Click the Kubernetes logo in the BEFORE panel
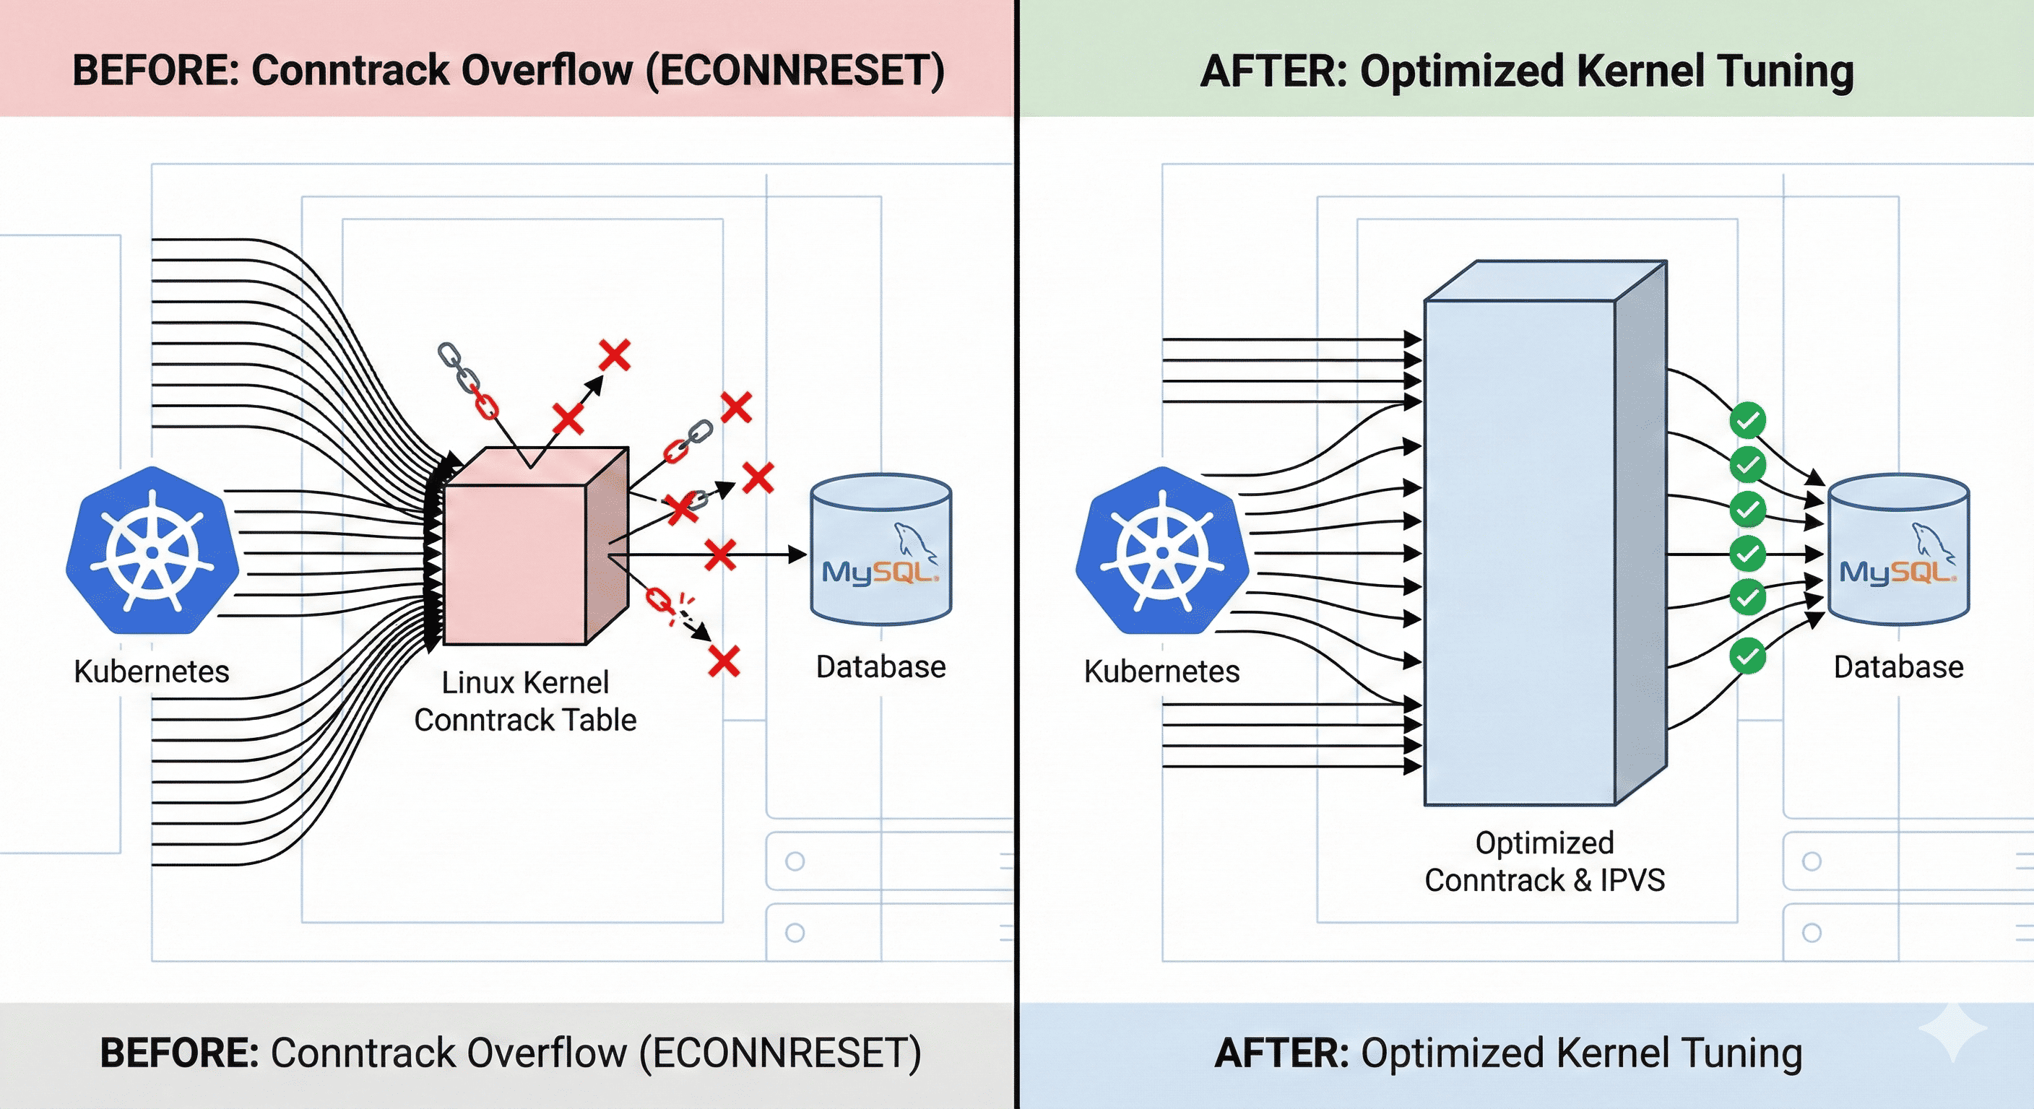click(x=152, y=551)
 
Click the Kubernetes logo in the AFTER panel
click(x=1162, y=551)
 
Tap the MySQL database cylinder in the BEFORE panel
click(x=881, y=549)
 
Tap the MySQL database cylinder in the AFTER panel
click(x=1899, y=549)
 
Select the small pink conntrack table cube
click(x=536, y=547)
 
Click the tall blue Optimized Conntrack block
click(x=1545, y=533)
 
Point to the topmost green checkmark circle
click(x=1747, y=420)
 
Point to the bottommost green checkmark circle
click(x=1747, y=656)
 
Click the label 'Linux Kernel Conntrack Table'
click(x=525, y=701)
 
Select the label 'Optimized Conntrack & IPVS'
click(x=1545, y=861)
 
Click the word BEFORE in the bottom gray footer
click(x=179, y=1053)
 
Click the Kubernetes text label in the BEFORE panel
click(x=152, y=671)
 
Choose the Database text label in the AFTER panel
click(x=1898, y=667)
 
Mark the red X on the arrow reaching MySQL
click(x=720, y=555)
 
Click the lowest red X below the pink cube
click(x=724, y=661)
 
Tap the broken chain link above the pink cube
click(x=468, y=380)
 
